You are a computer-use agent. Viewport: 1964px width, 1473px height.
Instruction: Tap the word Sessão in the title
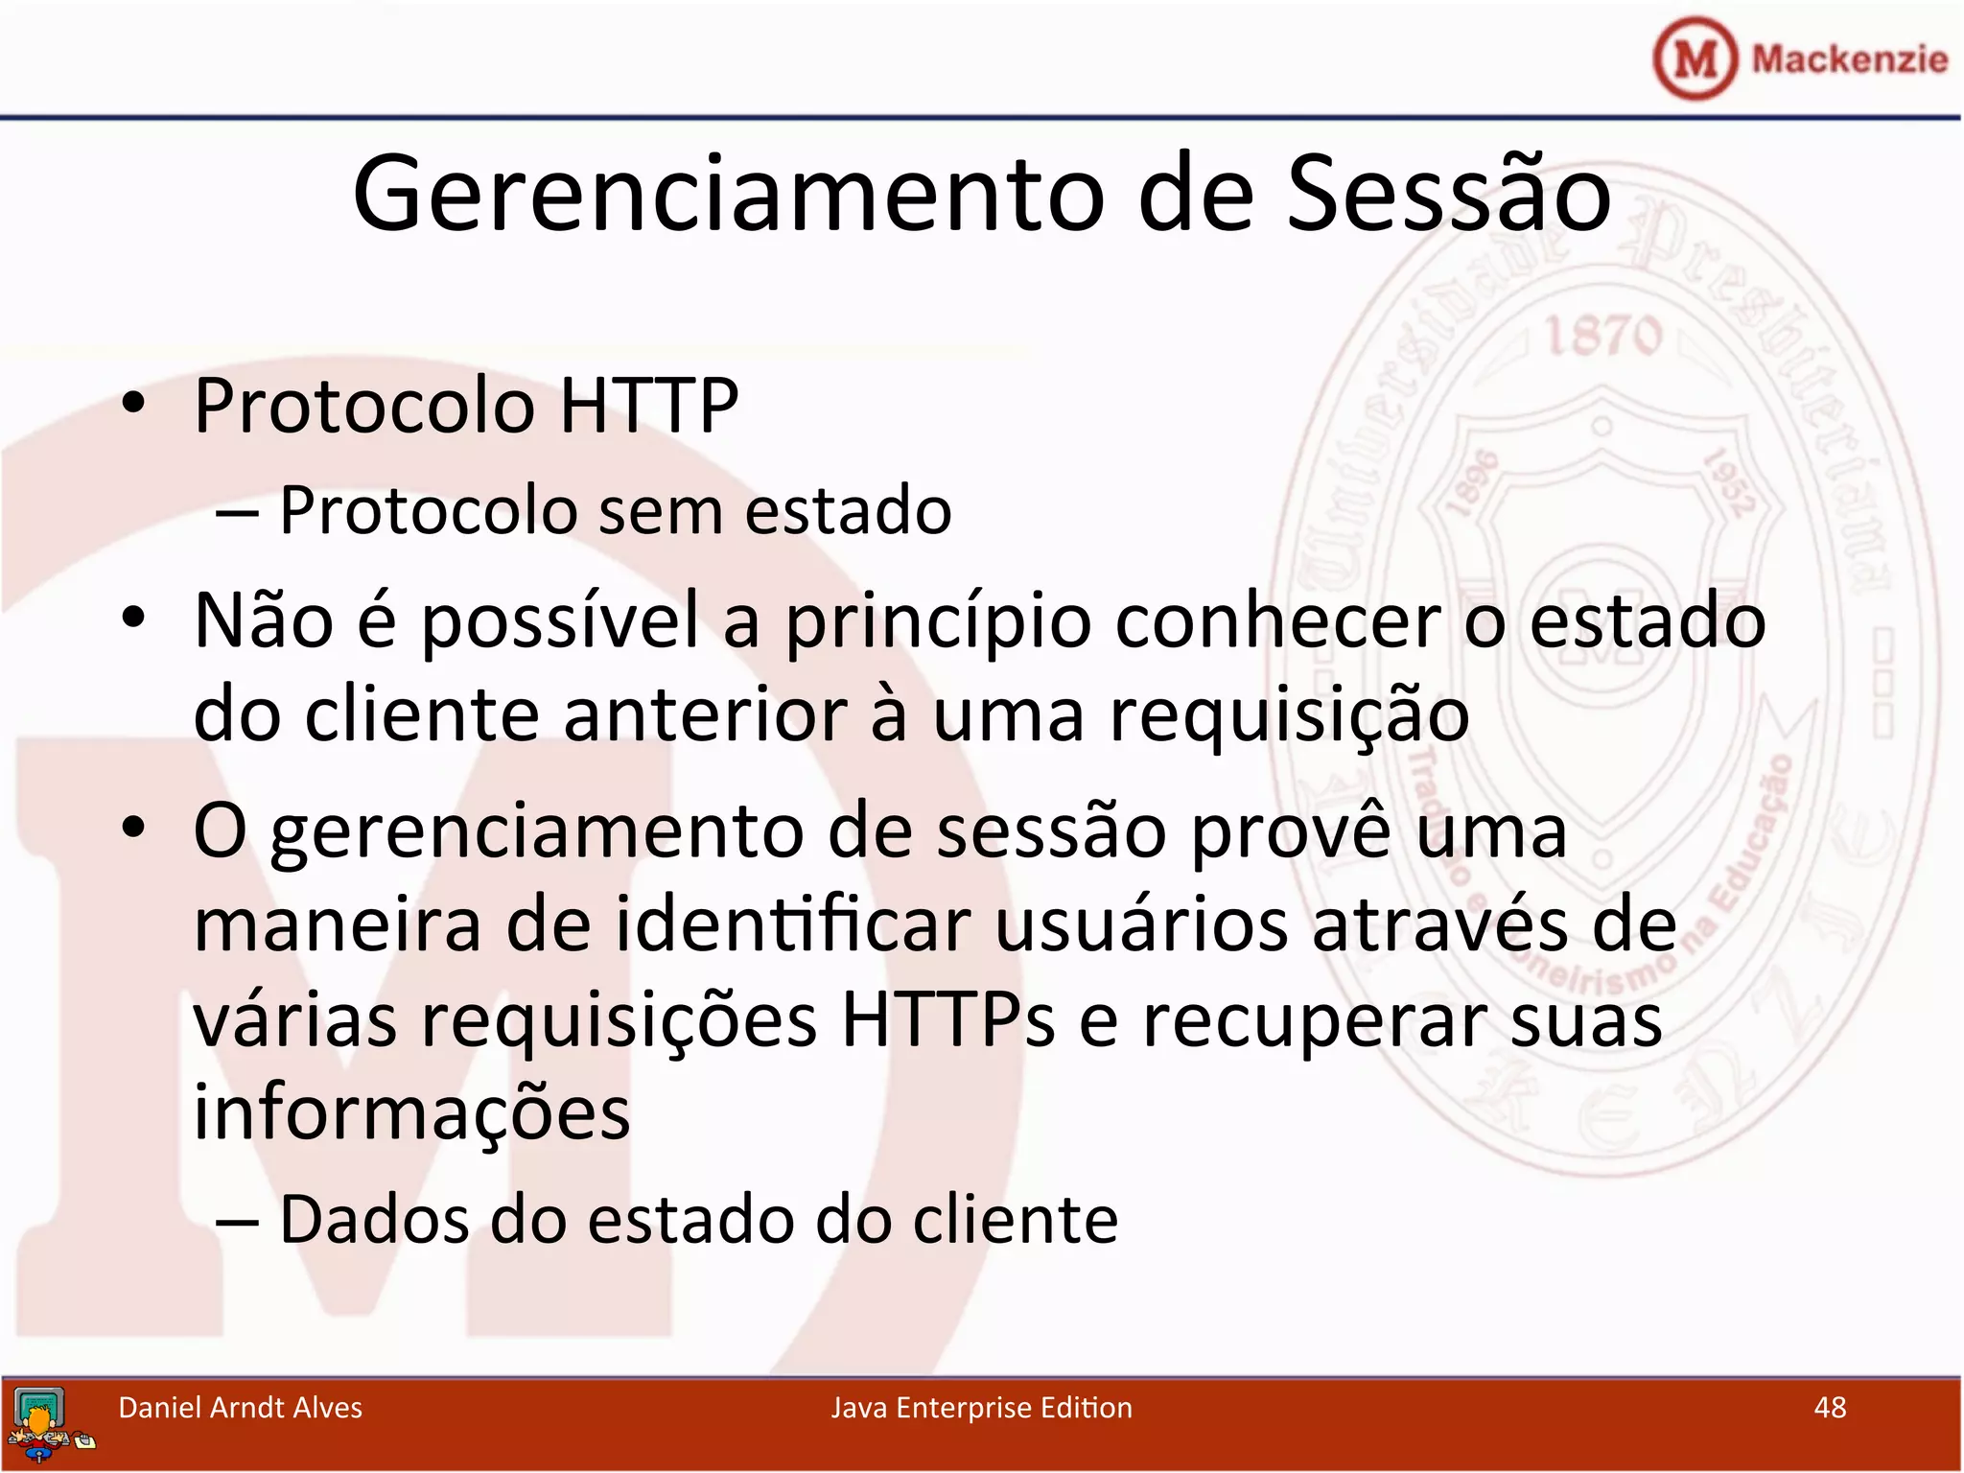[1448, 195]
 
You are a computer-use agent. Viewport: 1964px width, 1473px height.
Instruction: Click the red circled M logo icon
[1695, 59]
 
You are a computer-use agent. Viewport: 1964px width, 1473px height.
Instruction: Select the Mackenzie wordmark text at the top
[1849, 59]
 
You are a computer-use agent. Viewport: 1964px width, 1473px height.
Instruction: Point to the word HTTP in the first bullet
[648, 407]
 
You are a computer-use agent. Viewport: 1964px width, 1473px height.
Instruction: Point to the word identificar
[792, 925]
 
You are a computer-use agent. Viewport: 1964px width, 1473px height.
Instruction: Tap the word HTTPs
[947, 1019]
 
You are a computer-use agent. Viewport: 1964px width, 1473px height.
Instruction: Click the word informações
[411, 1113]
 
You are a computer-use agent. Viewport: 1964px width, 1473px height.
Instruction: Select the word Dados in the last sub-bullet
[374, 1220]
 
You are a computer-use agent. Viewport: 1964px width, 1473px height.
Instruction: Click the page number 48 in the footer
[1830, 1408]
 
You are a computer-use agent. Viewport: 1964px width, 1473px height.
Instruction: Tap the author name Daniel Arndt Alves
[240, 1408]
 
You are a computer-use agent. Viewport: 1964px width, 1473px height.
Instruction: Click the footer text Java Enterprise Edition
[981, 1408]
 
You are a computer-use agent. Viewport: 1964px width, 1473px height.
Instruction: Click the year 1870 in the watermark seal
[1602, 337]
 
